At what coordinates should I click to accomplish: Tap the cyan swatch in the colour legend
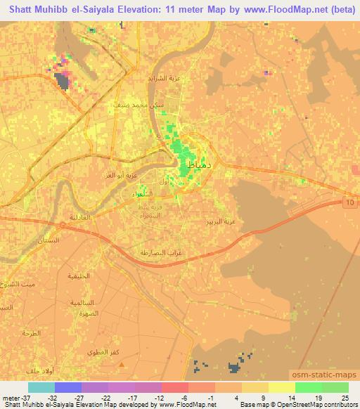click(41, 387)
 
